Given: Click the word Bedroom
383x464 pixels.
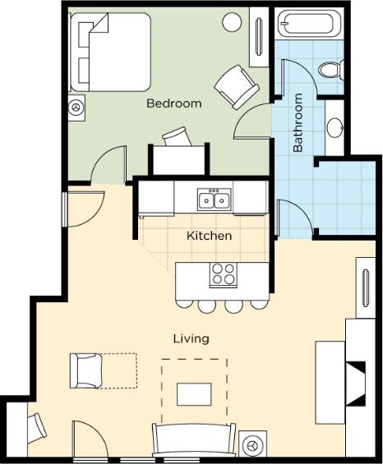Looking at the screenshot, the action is click(x=174, y=103).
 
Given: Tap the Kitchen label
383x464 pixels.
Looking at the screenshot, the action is click(x=209, y=236).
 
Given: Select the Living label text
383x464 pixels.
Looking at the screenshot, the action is click(x=191, y=338).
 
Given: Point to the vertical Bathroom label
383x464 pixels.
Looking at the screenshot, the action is click(x=298, y=122).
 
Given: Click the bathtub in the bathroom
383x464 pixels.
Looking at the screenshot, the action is click(x=310, y=23).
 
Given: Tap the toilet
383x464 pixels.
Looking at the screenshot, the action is click(x=331, y=70).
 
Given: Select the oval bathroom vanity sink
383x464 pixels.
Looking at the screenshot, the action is click(x=335, y=127).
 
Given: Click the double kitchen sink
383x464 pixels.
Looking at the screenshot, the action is click(x=215, y=200).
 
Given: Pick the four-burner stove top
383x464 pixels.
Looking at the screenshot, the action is click(x=224, y=275).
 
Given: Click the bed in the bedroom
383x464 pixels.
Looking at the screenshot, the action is click(x=110, y=52).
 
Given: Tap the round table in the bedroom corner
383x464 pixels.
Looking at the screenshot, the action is click(x=232, y=22).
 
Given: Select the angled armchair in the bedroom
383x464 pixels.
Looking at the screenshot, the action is click(x=237, y=87).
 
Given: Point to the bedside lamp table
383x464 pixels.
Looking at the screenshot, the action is click(x=76, y=108).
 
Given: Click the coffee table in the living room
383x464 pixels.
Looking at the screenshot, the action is click(x=194, y=394).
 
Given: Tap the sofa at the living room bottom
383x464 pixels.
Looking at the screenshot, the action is click(x=194, y=440).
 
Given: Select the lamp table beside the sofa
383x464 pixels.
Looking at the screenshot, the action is click(x=252, y=444).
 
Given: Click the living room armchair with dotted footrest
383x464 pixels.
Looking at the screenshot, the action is click(x=86, y=370).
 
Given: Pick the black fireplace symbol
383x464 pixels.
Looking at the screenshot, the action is click(x=356, y=384).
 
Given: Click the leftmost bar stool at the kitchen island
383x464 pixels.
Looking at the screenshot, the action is click(x=183, y=304).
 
